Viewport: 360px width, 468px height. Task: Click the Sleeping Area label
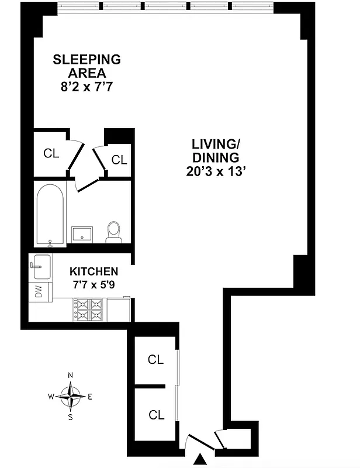[x=86, y=66]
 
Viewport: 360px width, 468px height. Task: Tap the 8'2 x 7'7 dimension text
[x=86, y=88]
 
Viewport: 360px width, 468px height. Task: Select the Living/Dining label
[x=216, y=150]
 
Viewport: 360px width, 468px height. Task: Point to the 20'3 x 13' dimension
[x=216, y=172]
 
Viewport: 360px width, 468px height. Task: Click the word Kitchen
[x=94, y=271]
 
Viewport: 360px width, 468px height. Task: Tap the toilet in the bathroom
[x=114, y=232]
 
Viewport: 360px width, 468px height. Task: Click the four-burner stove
[x=89, y=309]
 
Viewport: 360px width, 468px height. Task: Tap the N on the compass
[x=70, y=375]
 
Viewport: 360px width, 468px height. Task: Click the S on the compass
[x=70, y=417]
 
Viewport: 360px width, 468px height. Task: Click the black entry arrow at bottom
[x=200, y=460]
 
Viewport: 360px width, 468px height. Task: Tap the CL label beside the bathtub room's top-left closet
[x=51, y=153]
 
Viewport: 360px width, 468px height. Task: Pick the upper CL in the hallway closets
[x=156, y=360]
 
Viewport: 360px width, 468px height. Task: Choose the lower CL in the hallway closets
[x=156, y=415]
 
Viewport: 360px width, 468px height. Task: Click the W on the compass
[x=51, y=397]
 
